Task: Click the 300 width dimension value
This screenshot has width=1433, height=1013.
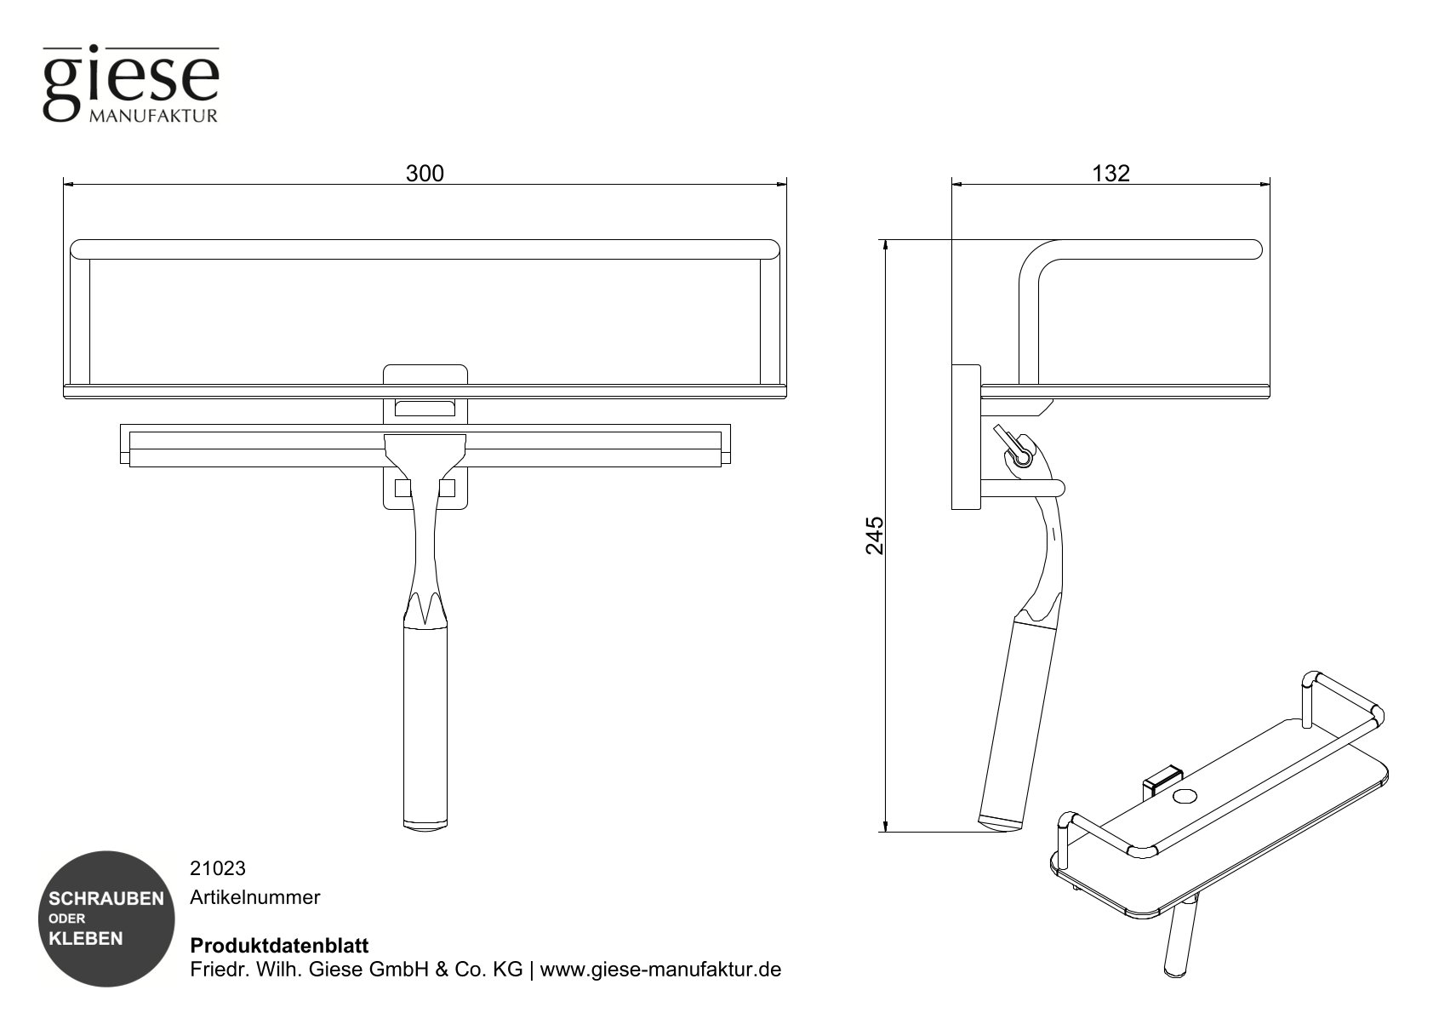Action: click(424, 174)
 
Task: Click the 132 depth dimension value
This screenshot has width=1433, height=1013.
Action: click(1110, 174)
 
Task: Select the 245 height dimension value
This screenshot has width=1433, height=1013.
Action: click(875, 535)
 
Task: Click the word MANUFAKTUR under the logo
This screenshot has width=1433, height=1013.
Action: click(152, 116)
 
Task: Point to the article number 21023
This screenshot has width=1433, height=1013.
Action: click(217, 868)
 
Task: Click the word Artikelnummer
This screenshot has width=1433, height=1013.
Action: click(254, 897)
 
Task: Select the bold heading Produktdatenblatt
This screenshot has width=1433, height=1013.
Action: click(279, 946)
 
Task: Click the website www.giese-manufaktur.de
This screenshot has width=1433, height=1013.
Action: click(660, 970)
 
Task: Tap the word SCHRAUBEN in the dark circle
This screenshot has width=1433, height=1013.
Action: click(106, 899)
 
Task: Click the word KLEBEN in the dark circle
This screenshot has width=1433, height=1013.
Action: click(86, 939)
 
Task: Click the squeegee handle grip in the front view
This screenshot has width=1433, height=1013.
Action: click(425, 724)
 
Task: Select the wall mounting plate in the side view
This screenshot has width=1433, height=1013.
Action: click(966, 438)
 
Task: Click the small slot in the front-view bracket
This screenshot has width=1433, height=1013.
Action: click(425, 408)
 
